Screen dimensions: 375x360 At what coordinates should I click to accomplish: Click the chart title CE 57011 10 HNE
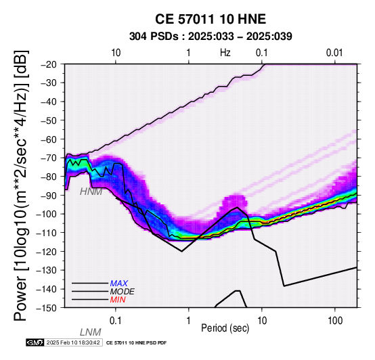(211, 19)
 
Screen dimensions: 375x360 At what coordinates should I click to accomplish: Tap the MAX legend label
(119, 284)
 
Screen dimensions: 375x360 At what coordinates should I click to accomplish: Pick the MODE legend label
(123, 292)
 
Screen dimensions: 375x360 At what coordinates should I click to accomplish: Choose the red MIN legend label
(118, 300)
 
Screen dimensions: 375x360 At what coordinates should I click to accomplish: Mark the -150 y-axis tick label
(47, 308)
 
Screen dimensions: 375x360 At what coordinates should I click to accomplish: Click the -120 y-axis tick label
(47, 252)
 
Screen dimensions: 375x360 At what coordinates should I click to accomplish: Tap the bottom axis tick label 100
(335, 321)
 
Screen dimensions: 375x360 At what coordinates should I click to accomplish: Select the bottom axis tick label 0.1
(115, 321)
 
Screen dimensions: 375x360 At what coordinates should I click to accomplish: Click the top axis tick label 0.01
(334, 53)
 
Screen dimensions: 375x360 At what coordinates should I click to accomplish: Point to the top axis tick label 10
(116, 53)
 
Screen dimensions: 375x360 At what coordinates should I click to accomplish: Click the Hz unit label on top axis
(225, 53)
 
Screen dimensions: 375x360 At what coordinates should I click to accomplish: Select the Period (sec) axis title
(225, 328)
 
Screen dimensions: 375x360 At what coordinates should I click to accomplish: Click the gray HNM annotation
(91, 192)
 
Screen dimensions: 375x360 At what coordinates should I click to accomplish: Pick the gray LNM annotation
(91, 332)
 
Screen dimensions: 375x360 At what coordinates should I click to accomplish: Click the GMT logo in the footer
(35, 342)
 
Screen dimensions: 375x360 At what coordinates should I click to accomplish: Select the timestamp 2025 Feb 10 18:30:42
(73, 342)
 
